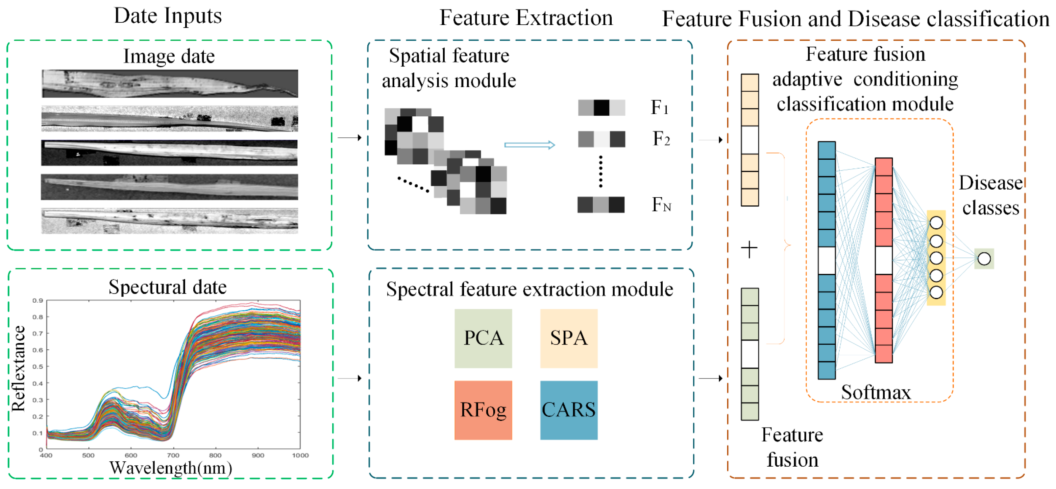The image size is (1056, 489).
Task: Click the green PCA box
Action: (x=483, y=338)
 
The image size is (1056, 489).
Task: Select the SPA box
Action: (x=568, y=338)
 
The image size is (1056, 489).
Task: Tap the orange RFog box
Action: (x=483, y=410)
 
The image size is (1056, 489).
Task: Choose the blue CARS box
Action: (x=568, y=410)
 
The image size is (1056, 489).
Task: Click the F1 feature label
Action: (x=659, y=108)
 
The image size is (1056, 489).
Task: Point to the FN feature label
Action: (x=661, y=204)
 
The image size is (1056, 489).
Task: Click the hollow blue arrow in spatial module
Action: (x=529, y=145)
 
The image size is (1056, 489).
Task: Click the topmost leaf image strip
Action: (x=170, y=83)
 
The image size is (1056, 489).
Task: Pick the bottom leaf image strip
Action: (x=170, y=221)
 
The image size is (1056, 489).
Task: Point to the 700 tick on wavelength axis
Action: (x=173, y=455)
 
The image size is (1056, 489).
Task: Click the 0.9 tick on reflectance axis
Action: (x=38, y=301)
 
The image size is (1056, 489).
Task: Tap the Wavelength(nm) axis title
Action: (x=171, y=468)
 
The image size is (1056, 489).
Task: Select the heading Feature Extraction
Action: (x=526, y=18)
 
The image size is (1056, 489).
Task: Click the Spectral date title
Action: (x=167, y=287)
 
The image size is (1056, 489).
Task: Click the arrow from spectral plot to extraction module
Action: (x=349, y=378)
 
